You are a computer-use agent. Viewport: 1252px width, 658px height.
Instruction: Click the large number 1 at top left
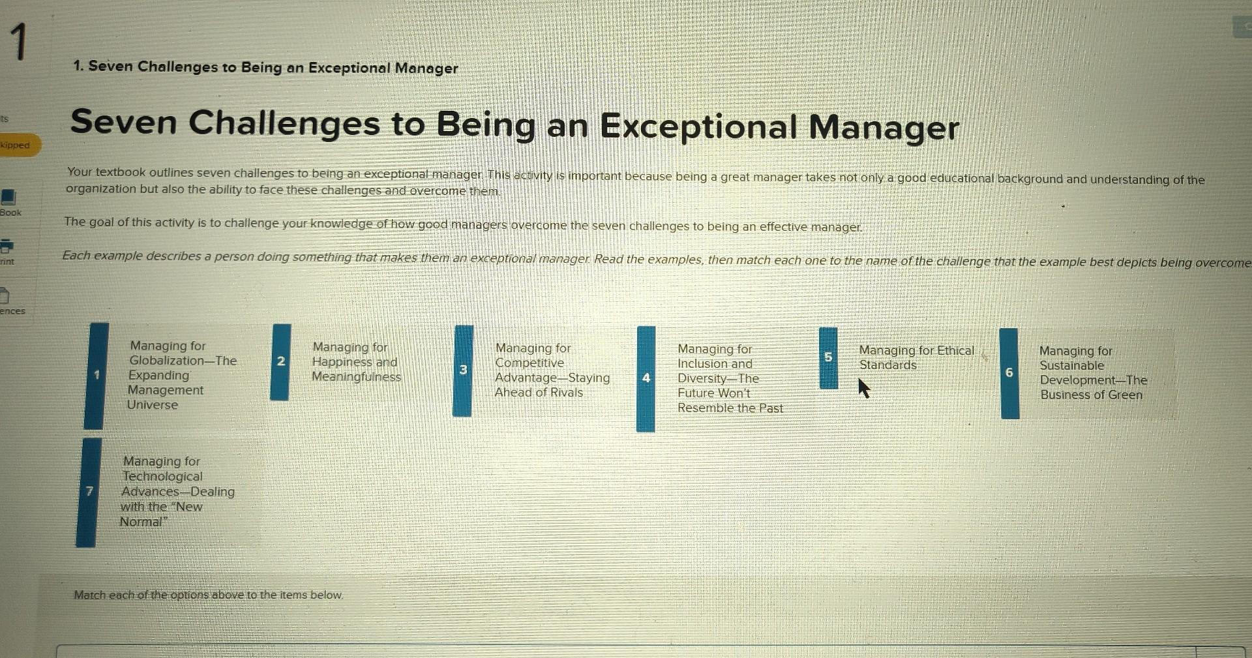click(20, 42)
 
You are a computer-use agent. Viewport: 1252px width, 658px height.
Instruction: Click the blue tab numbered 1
click(96, 376)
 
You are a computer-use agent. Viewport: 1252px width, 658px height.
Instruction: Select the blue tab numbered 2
click(280, 362)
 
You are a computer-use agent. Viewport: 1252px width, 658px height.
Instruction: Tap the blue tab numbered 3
click(463, 370)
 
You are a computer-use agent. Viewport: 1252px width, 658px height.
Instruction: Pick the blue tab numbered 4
click(646, 379)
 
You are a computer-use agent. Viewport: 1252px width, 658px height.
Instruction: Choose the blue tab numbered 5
click(828, 358)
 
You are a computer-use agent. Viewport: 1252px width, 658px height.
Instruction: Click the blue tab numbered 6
click(1009, 373)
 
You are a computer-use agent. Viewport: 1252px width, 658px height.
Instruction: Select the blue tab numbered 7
click(89, 492)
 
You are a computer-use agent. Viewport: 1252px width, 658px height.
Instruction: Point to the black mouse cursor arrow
click(864, 389)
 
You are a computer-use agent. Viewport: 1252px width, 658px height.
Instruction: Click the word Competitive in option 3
click(529, 363)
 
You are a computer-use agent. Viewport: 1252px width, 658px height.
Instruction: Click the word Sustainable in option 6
click(1072, 366)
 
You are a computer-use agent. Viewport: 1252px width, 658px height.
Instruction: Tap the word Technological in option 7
click(162, 477)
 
